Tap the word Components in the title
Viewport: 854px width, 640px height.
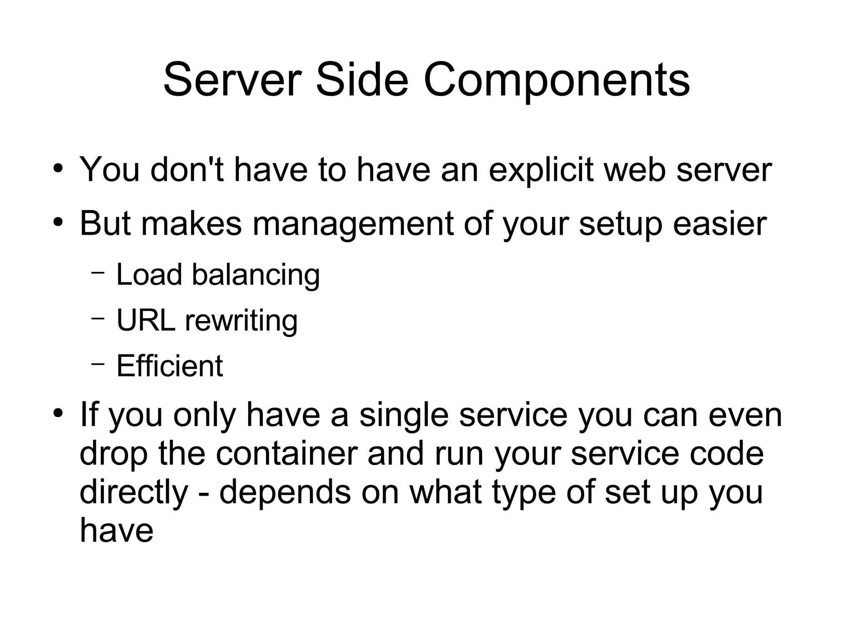(x=557, y=80)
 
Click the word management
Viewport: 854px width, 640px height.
(x=353, y=224)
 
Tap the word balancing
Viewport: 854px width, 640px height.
(x=256, y=275)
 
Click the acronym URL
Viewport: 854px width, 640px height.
(x=146, y=320)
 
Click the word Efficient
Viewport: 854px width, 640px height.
(x=169, y=366)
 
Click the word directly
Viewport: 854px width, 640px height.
(x=134, y=492)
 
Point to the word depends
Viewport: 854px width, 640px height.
(x=285, y=492)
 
